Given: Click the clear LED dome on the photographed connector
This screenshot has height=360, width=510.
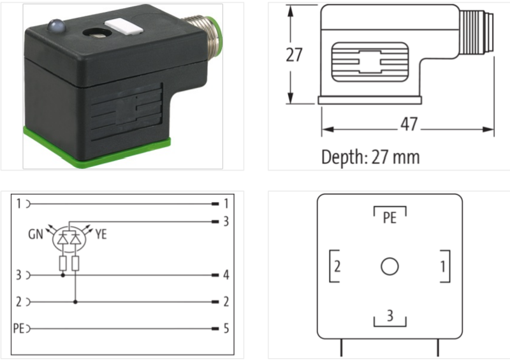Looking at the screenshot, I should [x=55, y=27].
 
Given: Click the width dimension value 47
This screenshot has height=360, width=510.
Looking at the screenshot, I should [x=408, y=124].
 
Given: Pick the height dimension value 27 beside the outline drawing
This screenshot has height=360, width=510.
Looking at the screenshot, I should [x=293, y=55].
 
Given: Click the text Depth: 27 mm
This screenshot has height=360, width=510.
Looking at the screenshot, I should [x=370, y=156].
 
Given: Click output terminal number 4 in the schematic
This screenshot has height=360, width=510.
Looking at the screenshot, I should [x=226, y=275].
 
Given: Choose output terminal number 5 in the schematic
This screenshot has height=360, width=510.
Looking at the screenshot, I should [x=226, y=329].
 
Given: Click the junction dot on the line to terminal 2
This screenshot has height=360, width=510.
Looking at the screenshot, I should [x=76, y=302].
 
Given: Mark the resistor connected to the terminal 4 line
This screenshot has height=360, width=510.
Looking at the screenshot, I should [x=62, y=264].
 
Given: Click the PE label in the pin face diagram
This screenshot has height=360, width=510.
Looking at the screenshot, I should [x=389, y=218].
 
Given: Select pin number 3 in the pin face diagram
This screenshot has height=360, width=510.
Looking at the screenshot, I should [x=390, y=315].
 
